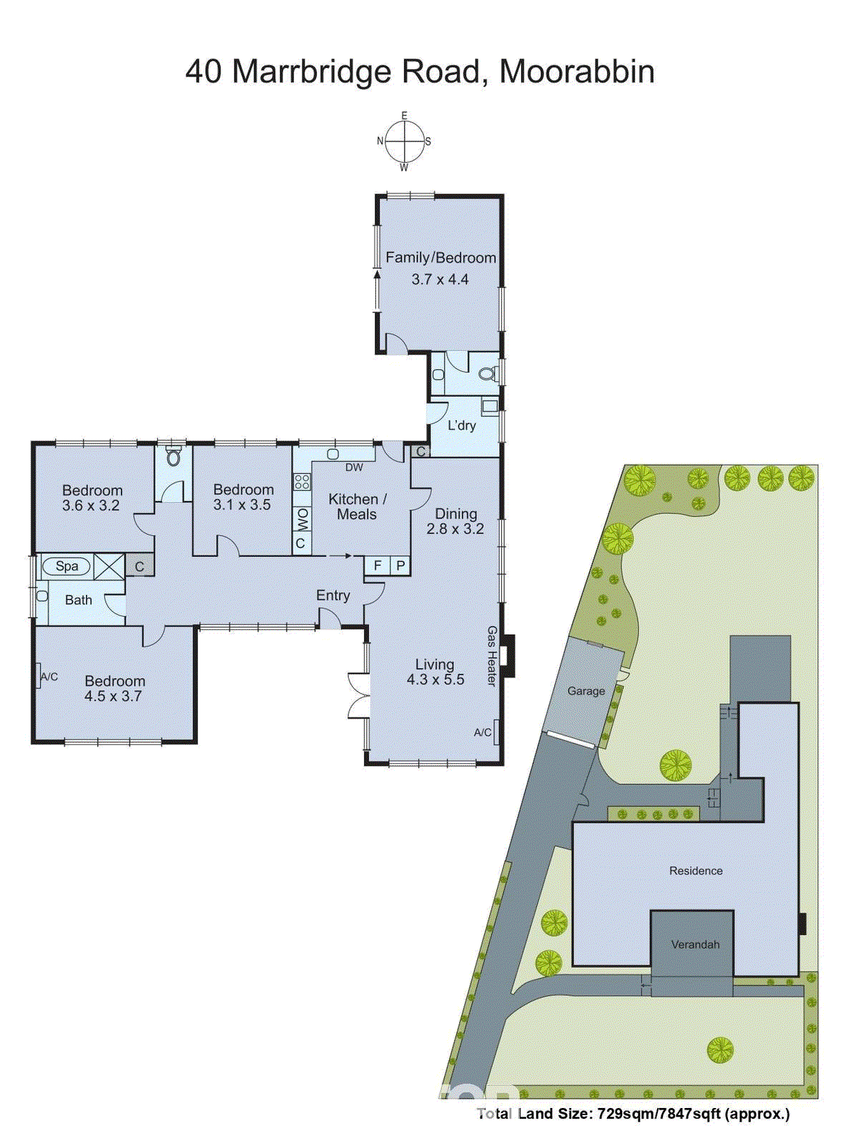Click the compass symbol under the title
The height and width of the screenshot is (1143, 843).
[405, 141]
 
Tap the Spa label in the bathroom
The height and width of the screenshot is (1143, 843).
[66, 566]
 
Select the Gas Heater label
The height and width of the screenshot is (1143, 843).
[492, 657]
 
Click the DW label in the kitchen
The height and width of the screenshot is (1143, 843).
[354, 467]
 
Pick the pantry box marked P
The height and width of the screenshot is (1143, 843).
[400, 566]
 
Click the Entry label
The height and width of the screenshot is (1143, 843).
[333, 595]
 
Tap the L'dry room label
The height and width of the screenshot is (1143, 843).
[462, 425]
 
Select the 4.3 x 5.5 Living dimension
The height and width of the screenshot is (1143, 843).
[435, 680]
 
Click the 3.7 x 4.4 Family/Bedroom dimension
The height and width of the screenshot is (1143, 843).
[440, 279]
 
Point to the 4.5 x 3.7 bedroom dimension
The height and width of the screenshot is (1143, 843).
[113, 697]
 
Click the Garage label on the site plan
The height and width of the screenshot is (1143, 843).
[586, 691]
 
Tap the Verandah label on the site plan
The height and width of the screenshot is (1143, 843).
[695, 944]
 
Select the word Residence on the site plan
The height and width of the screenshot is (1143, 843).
[696, 871]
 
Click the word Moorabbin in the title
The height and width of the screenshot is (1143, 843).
[576, 71]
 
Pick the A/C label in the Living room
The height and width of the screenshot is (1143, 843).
[483, 732]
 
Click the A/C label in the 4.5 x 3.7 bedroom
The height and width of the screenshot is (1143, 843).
[49, 677]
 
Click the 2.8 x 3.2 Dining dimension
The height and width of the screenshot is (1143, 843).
[455, 529]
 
